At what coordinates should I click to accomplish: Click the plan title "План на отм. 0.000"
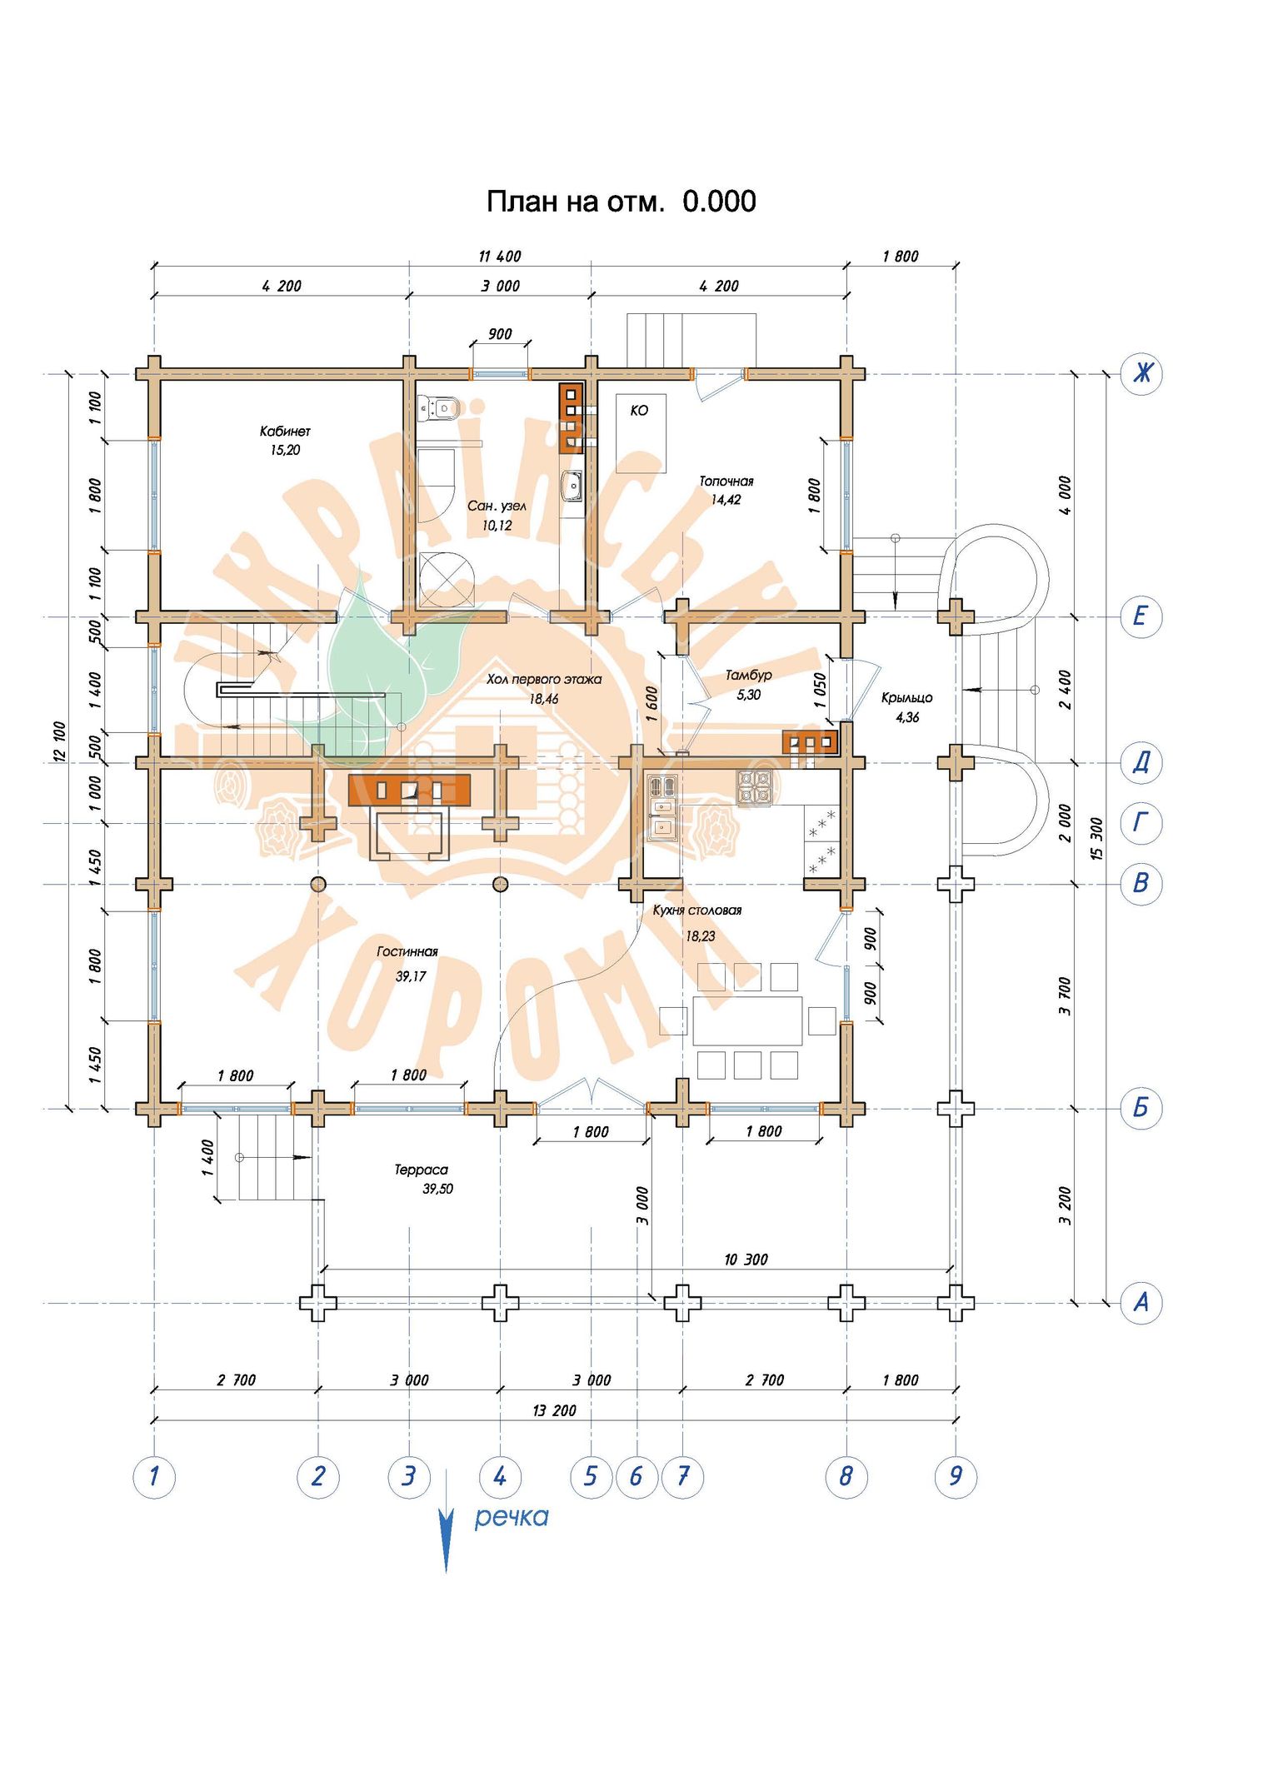tap(621, 202)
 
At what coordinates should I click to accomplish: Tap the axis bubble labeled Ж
tap(1141, 372)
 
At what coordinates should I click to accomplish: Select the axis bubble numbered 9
tap(955, 1477)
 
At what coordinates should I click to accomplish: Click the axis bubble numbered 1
tap(154, 1477)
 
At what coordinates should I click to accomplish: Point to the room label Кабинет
tap(285, 431)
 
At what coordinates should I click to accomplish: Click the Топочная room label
tap(726, 481)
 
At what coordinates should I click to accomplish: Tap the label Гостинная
tap(407, 951)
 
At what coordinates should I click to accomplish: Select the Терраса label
tap(421, 1170)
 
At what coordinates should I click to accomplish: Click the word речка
tap(512, 1516)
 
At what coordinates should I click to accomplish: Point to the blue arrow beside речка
tap(447, 1520)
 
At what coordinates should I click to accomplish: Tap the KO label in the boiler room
tap(639, 411)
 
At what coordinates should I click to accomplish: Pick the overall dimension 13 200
tap(554, 1410)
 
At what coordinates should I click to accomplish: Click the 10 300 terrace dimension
tap(746, 1260)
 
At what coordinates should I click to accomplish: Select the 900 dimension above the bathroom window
tap(500, 334)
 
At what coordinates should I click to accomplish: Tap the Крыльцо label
tap(906, 698)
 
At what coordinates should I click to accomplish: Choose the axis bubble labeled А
tap(1141, 1302)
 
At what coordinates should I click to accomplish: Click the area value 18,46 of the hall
tap(543, 699)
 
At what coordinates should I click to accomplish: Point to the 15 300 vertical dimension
tap(1096, 839)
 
